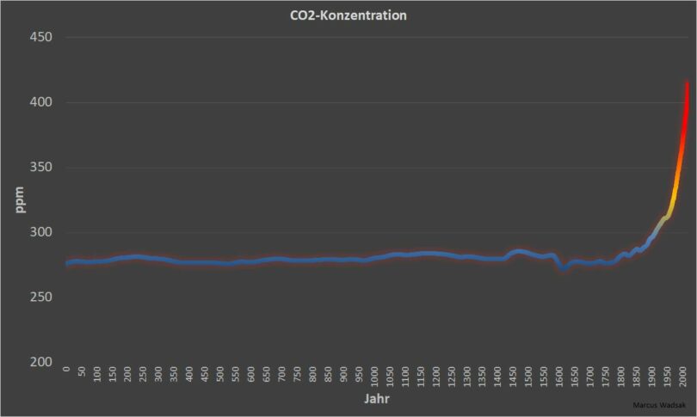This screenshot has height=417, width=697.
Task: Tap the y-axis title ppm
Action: pos(20,199)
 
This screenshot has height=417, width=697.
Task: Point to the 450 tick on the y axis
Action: pos(41,38)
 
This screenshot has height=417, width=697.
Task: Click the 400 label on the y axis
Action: pos(41,102)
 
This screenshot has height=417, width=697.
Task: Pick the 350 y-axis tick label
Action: pos(41,168)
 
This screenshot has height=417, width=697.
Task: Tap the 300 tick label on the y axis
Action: pos(41,232)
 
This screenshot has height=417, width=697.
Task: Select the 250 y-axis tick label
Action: pos(41,297)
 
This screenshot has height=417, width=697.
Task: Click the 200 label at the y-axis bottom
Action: pos(41,362)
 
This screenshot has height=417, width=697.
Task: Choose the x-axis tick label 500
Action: pos(221,376)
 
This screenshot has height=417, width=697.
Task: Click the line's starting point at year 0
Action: pos(67,263)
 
